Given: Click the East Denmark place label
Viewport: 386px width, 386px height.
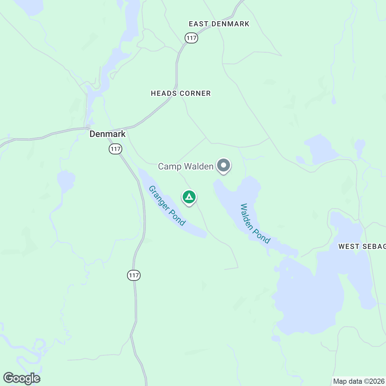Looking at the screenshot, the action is [x=219, y=24].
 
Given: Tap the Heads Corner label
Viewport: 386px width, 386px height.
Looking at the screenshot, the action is [x=181, y=93].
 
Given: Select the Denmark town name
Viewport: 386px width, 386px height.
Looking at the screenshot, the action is [x=107, y=134].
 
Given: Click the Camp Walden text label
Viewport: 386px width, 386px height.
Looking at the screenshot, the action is [x=186, y=166].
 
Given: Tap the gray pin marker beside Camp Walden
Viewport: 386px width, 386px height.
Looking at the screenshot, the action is [x=224, y=166].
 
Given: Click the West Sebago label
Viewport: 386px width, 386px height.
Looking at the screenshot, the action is [x=362, y=247].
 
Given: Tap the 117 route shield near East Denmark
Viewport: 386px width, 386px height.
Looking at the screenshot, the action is [x=191, y=38].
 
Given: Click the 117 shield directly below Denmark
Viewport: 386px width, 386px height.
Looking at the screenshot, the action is [x=115, y=149].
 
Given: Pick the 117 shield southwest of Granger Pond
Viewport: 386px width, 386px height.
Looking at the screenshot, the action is [x=134, y=275].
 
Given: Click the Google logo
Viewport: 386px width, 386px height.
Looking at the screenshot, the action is [x=22, y=378].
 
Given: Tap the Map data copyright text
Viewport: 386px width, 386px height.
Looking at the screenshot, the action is [x=359, y=381].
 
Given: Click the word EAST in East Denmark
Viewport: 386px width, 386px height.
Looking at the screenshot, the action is [x=198, y=24].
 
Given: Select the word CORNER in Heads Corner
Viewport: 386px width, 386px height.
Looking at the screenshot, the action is [x=195, y=93].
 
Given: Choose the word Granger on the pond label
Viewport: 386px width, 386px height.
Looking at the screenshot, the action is [x=159, y=197].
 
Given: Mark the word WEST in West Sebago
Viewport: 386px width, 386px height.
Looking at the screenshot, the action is [x=349, y=247].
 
